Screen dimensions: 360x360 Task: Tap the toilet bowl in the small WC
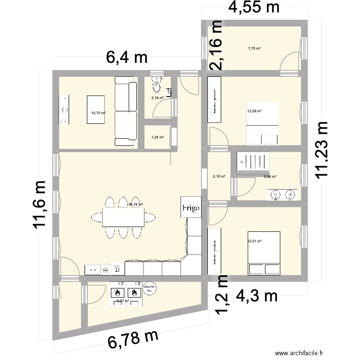(x=156, y=85)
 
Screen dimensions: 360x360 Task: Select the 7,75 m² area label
(x=254, y=48)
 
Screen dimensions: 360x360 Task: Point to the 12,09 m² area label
(x=254, y=111)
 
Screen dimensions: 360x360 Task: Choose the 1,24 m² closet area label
(x=157, y=137)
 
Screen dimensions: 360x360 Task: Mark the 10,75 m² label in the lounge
(x=98, y=113)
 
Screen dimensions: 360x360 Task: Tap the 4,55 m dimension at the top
(x=254, y=8)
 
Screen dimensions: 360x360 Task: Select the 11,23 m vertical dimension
(x=324, y=149)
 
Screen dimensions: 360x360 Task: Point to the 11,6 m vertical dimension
(x=41, y=205)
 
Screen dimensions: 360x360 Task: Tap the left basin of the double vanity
(x=276, y=194)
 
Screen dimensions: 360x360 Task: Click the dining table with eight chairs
(x=123, y=217)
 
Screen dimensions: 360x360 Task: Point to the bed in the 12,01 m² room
(x=263, y=253)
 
